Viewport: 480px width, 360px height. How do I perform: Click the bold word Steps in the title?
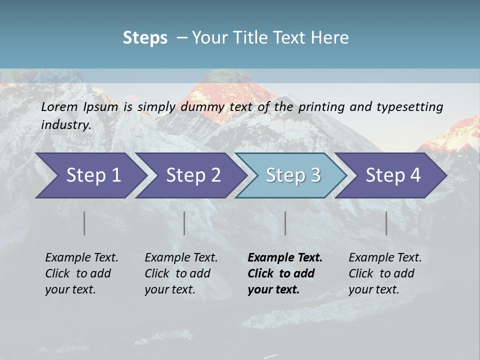(x=145, y=38)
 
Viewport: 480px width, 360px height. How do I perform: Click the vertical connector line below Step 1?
(x=84, y=223)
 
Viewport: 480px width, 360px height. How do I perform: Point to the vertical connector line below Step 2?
(x=184, y=223)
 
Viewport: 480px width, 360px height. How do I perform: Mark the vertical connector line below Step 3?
(x=285, y=223)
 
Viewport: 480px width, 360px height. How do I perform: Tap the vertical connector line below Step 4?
(x=386, y=223)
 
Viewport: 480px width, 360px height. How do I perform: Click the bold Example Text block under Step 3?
(x=285, y=273)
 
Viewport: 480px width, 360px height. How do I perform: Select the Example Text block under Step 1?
(x=81, y=273)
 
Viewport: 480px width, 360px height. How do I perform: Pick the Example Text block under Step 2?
(x=181, y=273)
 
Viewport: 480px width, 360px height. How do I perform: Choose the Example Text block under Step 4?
(x=385, y=273)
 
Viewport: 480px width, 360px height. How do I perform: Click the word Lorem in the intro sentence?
(x=59, y=107)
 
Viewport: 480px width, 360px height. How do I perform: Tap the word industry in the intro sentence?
(x=65, y=125)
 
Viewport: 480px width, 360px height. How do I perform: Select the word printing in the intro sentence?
(x=321, y=107)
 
